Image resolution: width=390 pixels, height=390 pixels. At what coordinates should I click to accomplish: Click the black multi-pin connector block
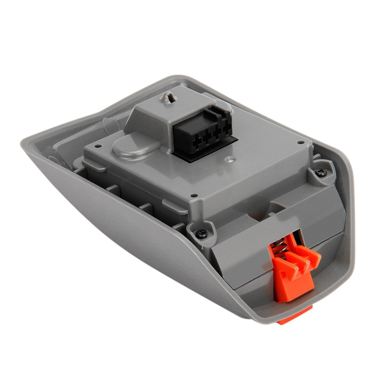pos(201,132)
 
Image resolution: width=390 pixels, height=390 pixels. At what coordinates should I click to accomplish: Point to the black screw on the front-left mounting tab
pos(202,233)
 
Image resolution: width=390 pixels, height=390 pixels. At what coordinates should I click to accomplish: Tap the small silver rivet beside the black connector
pos(231,159)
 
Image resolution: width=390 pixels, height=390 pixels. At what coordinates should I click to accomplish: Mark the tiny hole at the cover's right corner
pos(301,142)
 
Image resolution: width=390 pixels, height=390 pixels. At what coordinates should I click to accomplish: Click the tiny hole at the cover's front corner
pos(194,195)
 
